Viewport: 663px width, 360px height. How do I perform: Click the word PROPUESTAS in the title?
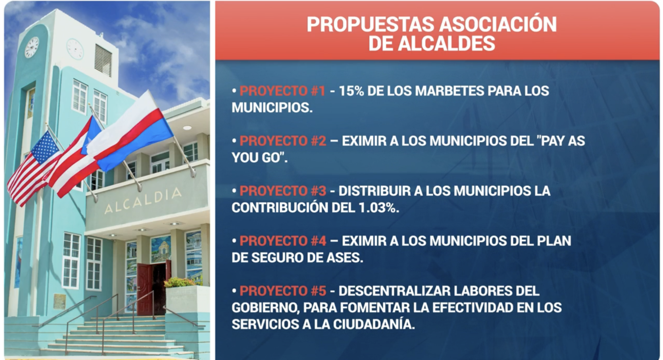(370, 24)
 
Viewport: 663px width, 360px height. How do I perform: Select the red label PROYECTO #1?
(282, 91)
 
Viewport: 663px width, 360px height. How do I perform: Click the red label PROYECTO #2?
(283, 141)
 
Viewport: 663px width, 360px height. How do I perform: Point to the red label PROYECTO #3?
(283, 191)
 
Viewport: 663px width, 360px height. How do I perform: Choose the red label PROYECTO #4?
(283, 241)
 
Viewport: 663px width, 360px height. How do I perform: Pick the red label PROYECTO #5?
(283, 291)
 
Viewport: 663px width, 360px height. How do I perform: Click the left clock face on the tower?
(32, 47)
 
